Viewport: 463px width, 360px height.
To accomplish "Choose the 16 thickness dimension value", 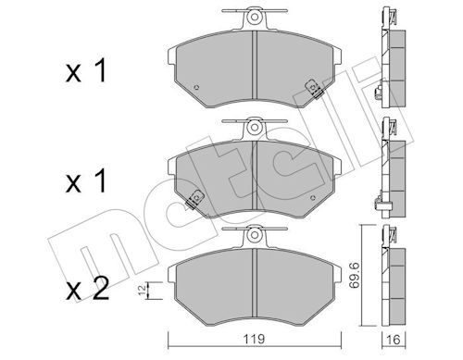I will [394, 339].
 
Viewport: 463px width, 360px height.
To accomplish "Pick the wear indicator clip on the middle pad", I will [196, 197].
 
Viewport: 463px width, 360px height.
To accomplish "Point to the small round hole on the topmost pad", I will [201, 89].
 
